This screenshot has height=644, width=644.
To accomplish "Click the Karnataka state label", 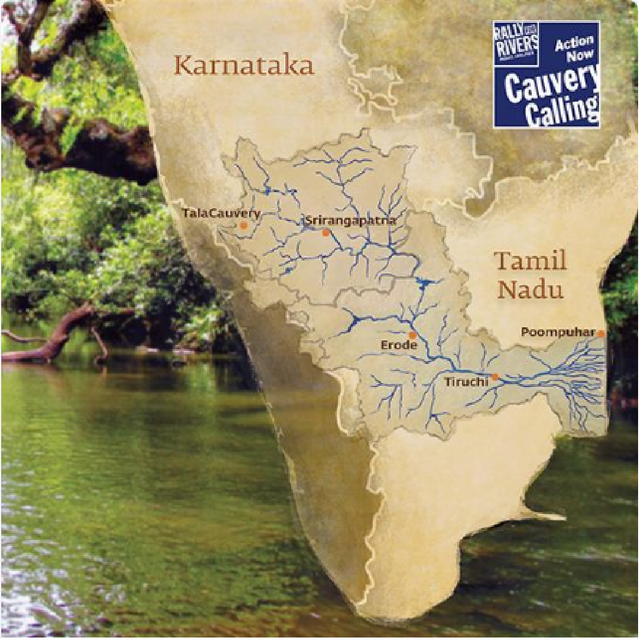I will [244, 65].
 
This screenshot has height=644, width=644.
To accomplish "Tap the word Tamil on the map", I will [530, 261].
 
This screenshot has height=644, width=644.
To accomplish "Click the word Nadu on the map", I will [530, 290].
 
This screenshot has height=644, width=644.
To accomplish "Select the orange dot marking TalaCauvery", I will [243, 225].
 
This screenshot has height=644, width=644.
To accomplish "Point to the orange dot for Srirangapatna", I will [326, 233].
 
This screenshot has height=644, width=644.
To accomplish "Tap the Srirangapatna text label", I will [350, 221].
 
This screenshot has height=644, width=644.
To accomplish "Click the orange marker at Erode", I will [412, 335].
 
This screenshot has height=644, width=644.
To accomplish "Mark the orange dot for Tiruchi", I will [495, 376].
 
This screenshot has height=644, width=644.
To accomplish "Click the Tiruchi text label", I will [466, 382].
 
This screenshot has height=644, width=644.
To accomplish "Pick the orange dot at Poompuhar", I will [601, 334].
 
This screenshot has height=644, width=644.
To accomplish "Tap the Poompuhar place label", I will [558, 333].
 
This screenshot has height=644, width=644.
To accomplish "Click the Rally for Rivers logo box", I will [516, 44].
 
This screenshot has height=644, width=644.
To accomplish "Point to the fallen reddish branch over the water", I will [59, 337].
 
